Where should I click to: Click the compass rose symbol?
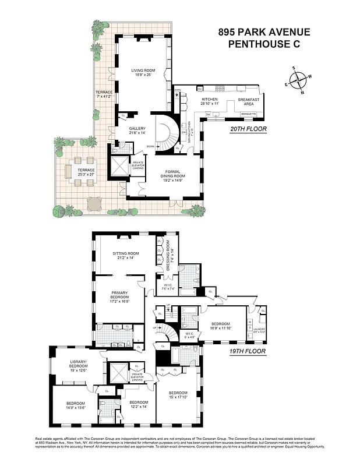[x=298, y=81]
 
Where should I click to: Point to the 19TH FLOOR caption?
[x=246, y=351]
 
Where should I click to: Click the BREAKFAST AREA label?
[x=249, y=101]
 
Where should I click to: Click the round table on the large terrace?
[x=93, y=204]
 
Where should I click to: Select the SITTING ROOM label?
[x=126, y=256]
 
